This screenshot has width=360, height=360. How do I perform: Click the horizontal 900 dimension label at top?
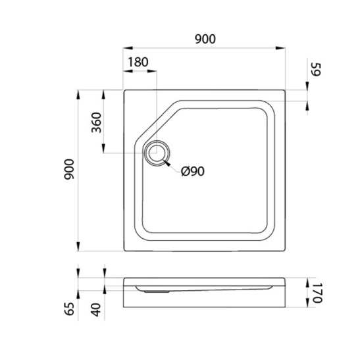pos(205,39)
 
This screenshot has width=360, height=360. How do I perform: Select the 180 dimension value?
pos(138,62)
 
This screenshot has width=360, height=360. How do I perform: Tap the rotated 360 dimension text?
pos(97,122)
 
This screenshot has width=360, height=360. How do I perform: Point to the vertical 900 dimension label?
pos(69,169)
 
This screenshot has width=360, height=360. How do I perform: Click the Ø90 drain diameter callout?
pos(193,171)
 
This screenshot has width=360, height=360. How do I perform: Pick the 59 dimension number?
pos(315,69)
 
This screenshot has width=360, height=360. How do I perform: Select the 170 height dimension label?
pos(317,293)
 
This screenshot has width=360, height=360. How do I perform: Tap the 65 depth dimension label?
pos(69,309)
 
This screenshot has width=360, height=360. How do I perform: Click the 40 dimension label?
pos(96,310)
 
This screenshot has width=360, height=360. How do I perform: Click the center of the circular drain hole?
pos(157,153)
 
